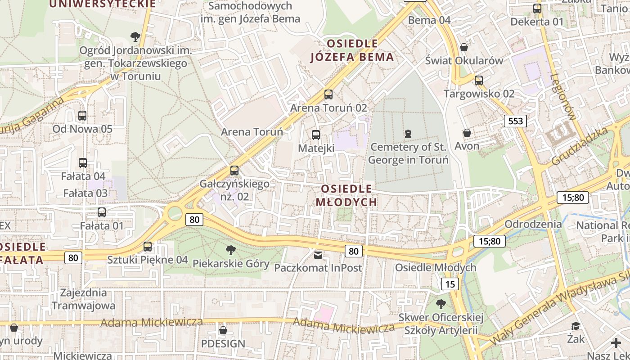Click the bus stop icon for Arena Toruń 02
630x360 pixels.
point(328,94)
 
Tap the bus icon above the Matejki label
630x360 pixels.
point(316,135)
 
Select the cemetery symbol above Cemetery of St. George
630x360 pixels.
point(408,133)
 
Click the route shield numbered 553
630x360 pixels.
point(515,121)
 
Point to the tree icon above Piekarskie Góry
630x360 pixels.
point(230,250)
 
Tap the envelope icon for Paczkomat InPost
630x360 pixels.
point(318,255)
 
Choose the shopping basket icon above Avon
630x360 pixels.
point(467,133)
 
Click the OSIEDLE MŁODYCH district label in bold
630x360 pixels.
point(346,195)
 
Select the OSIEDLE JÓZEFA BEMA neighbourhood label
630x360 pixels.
point(353,50)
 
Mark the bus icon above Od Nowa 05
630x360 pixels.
point(82,116)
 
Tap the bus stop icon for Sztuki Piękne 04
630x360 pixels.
point(148,247)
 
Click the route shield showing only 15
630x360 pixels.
point(450,284)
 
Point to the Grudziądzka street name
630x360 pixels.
point(580,146)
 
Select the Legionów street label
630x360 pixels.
point(562,97)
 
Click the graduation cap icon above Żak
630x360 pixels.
point(576,326)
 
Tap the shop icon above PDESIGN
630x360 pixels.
point(223,331)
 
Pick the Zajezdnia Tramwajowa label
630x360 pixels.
point(84,299)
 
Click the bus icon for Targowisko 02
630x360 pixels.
point(479,81)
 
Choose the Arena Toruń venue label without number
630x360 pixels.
point(252,132)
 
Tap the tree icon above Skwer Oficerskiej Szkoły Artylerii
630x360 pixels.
point(441,304)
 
